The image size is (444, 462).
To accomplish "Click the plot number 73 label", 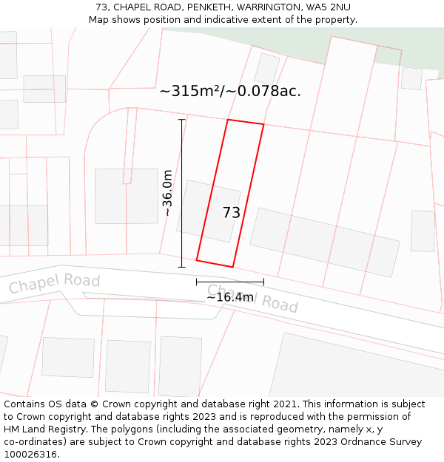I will [232, 213].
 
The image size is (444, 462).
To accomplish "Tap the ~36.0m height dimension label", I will [168, 193].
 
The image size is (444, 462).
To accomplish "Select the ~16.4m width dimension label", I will [229, 297].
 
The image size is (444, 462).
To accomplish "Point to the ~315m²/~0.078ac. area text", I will [230, 92].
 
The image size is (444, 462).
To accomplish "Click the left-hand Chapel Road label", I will [54, 283].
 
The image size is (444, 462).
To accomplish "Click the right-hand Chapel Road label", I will [252, 299].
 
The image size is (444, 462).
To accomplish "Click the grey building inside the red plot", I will [209, 211].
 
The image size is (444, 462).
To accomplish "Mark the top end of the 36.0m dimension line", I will [181, 120].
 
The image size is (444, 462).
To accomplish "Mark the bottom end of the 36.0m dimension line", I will [181, 267].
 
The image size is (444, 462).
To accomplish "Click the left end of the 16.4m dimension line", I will [197, 282].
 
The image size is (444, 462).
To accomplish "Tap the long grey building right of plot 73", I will [325, 242].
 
